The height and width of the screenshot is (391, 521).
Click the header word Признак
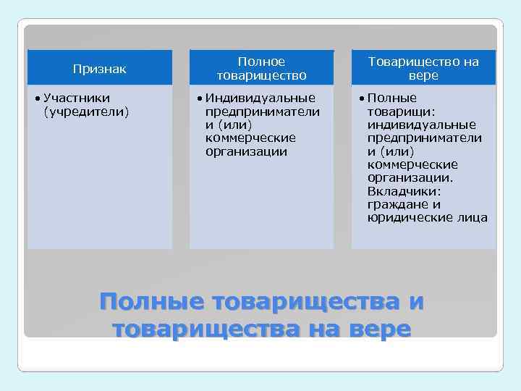100,70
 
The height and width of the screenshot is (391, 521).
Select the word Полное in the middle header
261,62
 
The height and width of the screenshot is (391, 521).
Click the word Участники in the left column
77,98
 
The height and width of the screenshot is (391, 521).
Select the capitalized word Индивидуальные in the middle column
260,98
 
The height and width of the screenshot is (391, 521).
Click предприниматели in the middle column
263,112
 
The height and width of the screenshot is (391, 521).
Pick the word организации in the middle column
246,151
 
